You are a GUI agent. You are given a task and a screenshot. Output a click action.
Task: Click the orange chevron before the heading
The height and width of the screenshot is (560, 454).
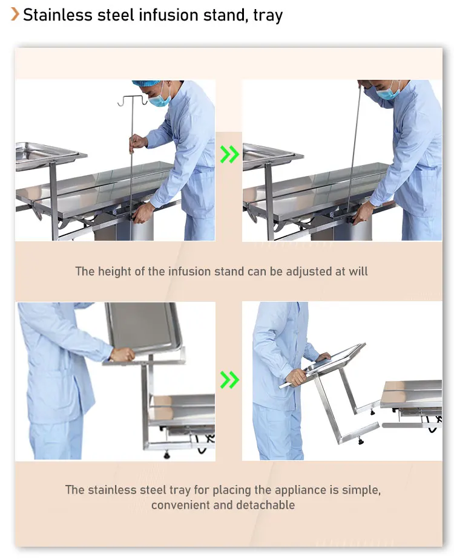click(x=15, y=15)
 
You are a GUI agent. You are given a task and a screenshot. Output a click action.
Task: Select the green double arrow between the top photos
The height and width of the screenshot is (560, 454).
click(x=229, y=154)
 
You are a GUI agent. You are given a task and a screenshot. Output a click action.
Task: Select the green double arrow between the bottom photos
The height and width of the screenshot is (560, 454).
click(x=229, y=380)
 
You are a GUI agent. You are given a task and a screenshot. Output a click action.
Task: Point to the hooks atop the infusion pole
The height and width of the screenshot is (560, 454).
click(x=133, y=101)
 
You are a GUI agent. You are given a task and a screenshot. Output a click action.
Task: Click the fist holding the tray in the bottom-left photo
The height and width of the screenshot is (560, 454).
click(x=122, y=354)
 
